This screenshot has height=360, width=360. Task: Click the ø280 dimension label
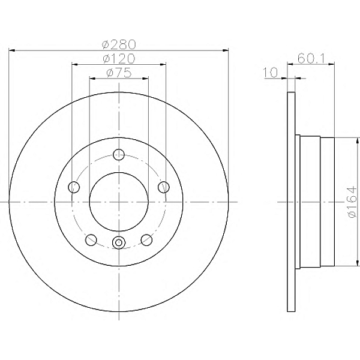119,44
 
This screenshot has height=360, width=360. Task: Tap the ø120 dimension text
119,59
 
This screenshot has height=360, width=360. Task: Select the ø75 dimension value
119,73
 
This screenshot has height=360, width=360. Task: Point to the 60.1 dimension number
311,59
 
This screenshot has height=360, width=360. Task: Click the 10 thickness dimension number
270,73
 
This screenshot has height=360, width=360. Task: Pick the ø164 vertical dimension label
352,202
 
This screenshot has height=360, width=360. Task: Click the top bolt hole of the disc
119,154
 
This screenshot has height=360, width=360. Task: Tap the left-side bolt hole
74,187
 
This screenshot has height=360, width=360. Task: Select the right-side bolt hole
164,187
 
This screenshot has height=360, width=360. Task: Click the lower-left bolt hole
91,239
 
